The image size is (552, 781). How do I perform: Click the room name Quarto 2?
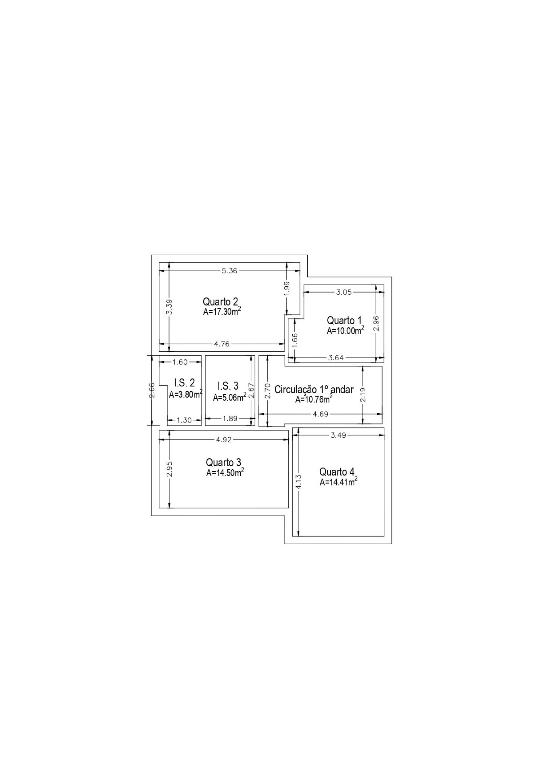[x=220, y=302]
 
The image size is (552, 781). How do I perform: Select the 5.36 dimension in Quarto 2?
[x=229, y=271]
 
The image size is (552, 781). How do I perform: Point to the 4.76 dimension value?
[x=222, y=344]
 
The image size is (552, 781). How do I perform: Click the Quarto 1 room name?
[x=344, y=320]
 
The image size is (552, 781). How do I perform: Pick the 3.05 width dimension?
[x=344, y=292]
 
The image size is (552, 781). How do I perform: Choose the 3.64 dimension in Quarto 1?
[x=336, y=357]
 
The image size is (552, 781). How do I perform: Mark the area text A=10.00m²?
[x=346, y=330]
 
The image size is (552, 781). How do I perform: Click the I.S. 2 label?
[x=185, y=383]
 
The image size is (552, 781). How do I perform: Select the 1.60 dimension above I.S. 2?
[x=180, y=362]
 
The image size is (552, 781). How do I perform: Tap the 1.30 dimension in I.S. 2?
[x=184, y=420]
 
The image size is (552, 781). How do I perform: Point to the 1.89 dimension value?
[x=230, y=419]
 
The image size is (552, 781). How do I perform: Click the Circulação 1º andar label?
[x=314, y=390]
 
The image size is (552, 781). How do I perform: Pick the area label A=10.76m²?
[x=314, y=399]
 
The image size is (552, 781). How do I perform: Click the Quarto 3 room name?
[x=224, y=463]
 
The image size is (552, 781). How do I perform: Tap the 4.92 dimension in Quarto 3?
[x=224, y=440]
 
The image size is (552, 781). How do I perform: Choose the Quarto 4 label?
[x=337, y=472]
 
